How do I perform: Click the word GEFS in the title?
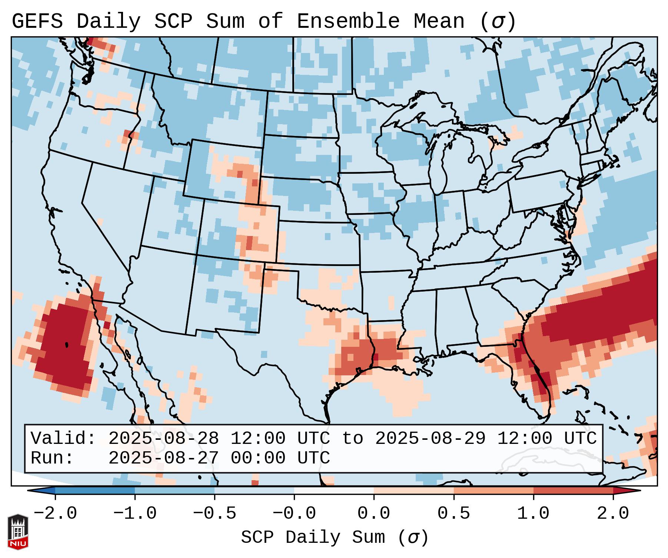(x=37, y=21)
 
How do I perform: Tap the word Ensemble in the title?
(x=348, y=21)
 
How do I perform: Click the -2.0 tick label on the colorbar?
(x=55, y=514)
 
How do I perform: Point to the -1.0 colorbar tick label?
(x=135, y=514)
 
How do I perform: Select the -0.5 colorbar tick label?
(x=215, y=514)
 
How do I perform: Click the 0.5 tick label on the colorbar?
(x=453, y=514)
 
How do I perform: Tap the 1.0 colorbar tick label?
(x=533, y=514)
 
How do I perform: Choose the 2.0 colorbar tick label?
(x=613, y=514)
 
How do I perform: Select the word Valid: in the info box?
(x=63, y=439)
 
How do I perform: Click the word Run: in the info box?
(x=52, y=458)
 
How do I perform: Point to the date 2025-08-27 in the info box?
(x=163, y=458)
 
